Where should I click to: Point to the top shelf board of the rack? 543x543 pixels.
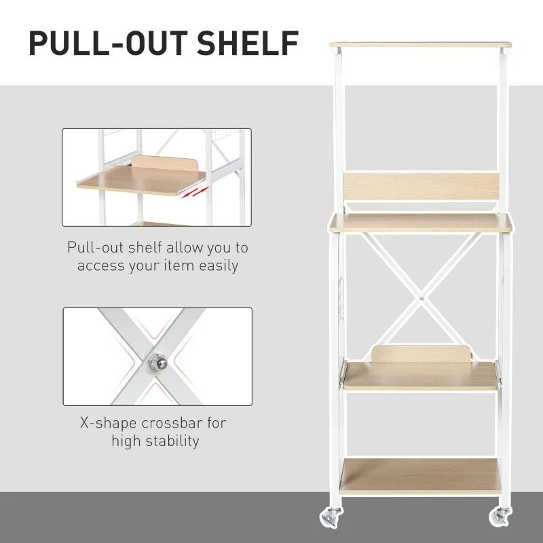click(420, 45)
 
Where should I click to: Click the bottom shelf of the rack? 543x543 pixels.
click(420, 474)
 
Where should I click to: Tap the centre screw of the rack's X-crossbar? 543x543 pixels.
click(422, 296)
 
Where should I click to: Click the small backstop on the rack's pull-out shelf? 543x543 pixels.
click(421, 354)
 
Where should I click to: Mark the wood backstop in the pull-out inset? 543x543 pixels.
click(163, 166)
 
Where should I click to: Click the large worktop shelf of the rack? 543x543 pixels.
click(420, 223)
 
